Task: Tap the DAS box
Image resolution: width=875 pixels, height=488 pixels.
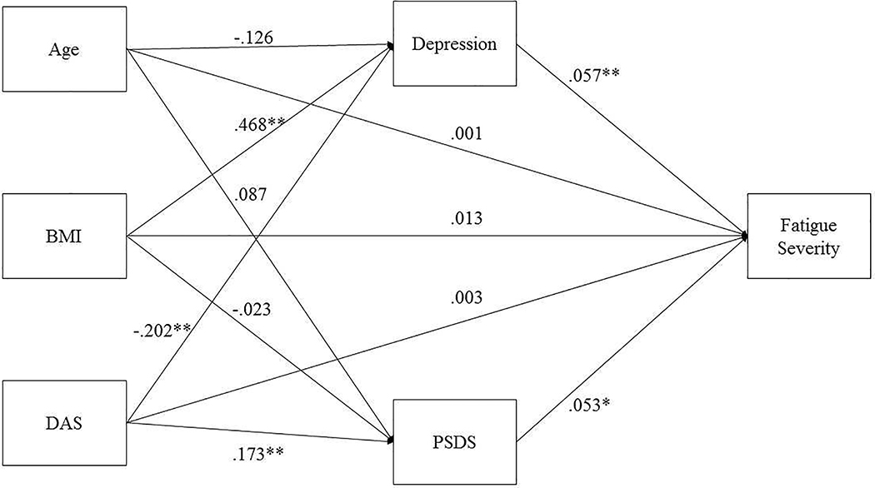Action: pos(64,424)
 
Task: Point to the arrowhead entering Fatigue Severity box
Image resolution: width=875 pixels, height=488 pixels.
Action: pos(744,237)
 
